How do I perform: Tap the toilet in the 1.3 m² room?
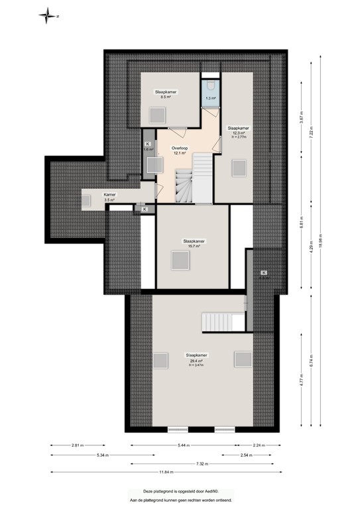click(210, 86)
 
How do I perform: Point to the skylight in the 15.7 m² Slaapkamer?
click(180, 260)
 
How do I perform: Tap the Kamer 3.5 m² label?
click(109, 196)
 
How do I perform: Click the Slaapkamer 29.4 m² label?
click(198, 358)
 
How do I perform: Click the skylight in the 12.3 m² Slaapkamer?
click(238, 168)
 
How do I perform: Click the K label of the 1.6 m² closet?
click(147, 144)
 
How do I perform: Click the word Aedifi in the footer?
click(205, 492)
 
